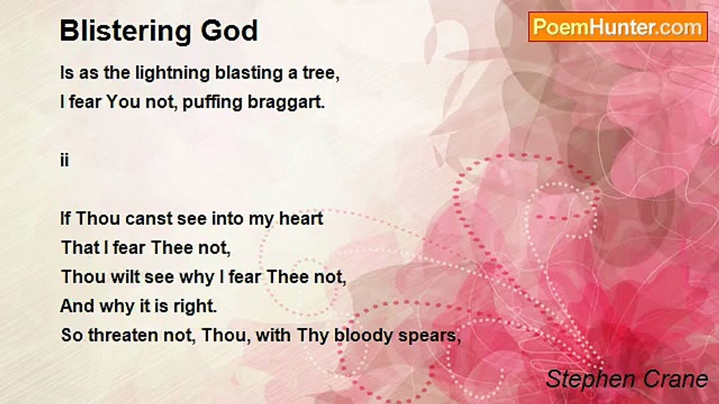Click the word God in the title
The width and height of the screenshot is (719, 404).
click(x=230, y=31)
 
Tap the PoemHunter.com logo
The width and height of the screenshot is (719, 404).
click(x=618, y=27)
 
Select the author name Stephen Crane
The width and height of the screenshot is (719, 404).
click(x=627, y=379)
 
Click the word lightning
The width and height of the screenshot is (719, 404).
click(x=172, y=74)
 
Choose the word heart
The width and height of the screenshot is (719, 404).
click(x=301, y=219)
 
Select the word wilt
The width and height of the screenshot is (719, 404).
click(x=125, y=277)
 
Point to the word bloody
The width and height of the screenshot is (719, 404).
click(x=363, y=336)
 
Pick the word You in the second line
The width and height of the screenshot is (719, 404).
click(x=123, y=102)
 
